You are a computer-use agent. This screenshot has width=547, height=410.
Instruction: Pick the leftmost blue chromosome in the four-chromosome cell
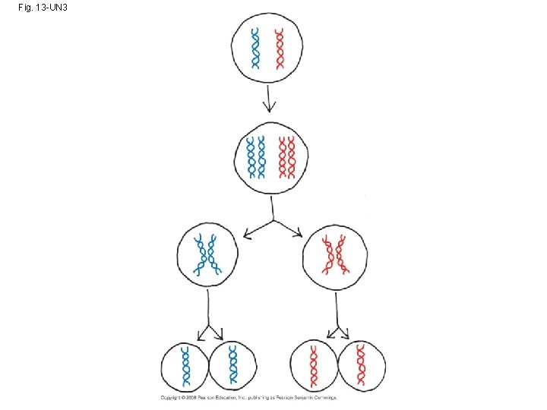pyautogui.click(x=248, y=157)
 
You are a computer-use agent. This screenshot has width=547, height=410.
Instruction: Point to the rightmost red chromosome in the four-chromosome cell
pyautogui.click(x=292, y=157)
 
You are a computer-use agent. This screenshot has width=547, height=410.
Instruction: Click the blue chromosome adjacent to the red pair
pyautogui.click(x=261, y=157)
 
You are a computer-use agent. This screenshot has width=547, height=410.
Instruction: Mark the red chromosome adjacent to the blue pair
pyautogui.click(x=280, y=157)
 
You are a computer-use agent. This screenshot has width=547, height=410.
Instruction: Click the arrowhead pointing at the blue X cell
pyautogui.click(x=246, y=236)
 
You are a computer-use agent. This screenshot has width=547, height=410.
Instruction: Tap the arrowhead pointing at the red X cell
pyautogui.click(x=298, y=236)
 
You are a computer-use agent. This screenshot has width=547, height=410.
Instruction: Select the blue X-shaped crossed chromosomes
pyautogui.click(x=205, y=255)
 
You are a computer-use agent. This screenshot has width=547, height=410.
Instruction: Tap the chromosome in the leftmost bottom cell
pyautogui.click(x=185, y=366)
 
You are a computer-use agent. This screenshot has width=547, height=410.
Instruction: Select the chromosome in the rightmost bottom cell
pyautogui.click(x=362, y=366)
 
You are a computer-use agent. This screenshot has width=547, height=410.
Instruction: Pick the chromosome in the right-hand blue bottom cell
pyautogui.click(x=232, y=366)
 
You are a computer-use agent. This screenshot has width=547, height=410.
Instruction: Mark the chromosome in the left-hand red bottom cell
pyautogui.click(x=313, y=366)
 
